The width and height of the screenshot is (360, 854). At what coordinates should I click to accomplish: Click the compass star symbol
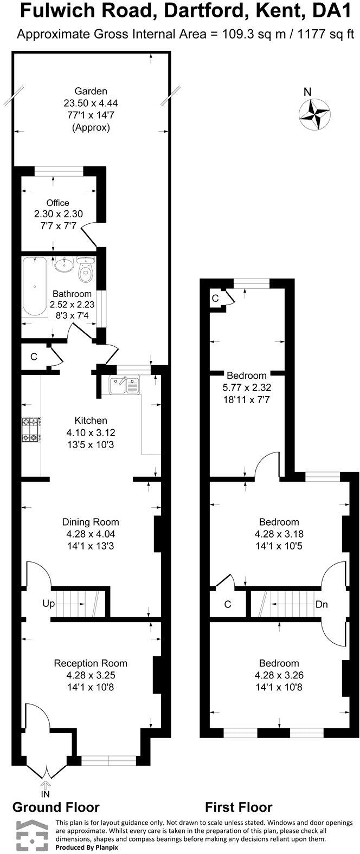point(314,114)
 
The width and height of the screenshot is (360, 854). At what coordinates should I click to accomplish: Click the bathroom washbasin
point(63,264)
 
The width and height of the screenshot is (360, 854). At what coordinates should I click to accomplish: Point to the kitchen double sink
point(125,385)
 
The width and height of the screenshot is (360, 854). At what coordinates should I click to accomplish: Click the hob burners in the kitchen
point(31,430)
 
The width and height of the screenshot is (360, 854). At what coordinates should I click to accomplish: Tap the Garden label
point(91,91)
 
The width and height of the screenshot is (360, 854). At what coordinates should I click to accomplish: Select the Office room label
point(58,203)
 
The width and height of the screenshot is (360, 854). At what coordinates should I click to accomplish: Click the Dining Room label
point(91,522)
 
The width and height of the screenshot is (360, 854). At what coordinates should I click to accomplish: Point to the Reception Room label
point(91,663)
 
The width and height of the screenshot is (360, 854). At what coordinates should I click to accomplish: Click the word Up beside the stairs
point(48,604)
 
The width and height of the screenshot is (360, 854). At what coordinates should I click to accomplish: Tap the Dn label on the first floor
point(322,604)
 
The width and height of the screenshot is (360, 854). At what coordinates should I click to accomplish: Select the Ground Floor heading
point(56,807)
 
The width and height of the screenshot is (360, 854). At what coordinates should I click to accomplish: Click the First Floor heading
point(239,807)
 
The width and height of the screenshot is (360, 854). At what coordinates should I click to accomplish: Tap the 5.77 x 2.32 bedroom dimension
point(247,388)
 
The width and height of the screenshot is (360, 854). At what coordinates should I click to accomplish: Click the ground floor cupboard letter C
point(34,357)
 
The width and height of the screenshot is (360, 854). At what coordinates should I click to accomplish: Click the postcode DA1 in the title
point(331,11)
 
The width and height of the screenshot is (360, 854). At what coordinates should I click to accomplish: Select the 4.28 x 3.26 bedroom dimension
point(279,675)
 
